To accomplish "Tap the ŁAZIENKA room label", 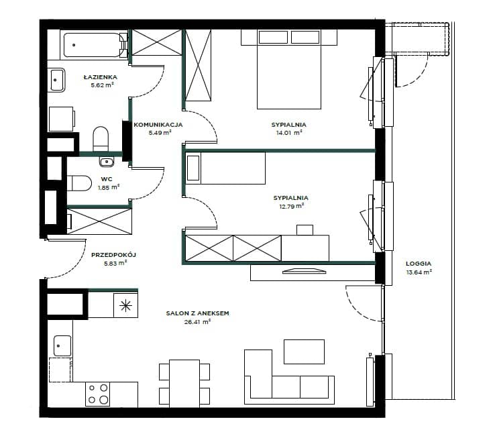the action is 101,77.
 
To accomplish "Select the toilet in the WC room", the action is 79,183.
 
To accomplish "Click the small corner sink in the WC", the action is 107,162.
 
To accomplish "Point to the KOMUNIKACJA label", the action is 158,125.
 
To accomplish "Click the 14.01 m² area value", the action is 289,133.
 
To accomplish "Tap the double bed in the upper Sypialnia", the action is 289,70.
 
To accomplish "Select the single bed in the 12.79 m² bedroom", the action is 225,168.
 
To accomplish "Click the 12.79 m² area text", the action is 292,207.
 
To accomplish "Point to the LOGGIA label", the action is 418,264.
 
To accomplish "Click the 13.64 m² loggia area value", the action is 419,272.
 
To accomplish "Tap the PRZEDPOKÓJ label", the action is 113,255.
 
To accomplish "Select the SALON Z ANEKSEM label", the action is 197,313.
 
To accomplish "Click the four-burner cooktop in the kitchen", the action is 98,394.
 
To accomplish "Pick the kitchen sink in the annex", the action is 62,345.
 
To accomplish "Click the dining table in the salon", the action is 184,384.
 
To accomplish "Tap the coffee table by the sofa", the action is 304,352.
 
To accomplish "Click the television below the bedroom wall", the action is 304,270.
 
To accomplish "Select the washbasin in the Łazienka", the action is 56,81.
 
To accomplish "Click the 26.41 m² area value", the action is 197,322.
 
